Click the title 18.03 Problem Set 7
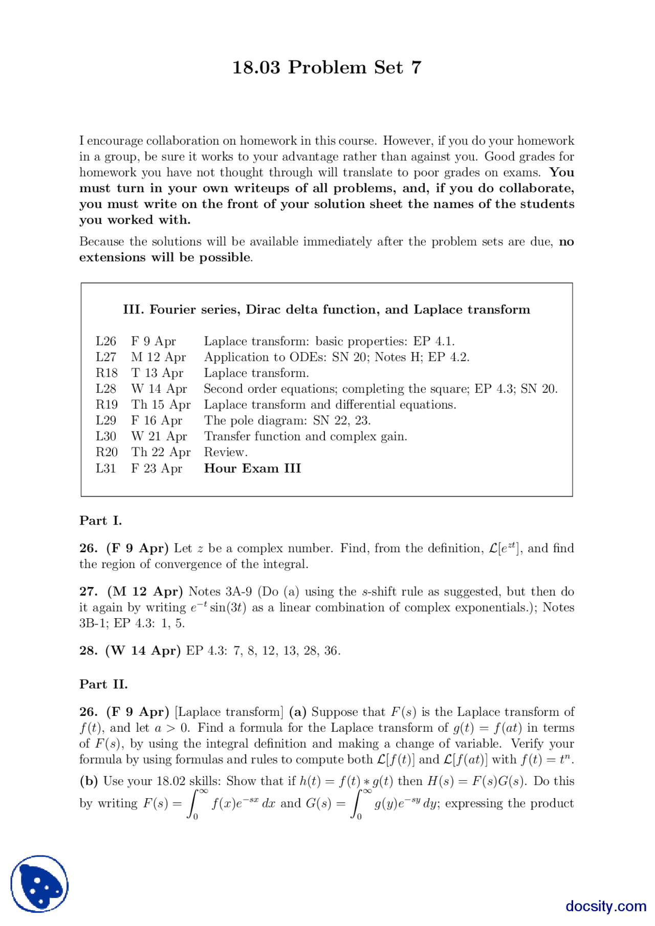(326, 67)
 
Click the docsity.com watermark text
(605, 906)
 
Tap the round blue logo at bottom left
(39, 884)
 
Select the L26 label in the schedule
(106, 341)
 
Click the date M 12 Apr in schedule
(158, 357)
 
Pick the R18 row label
(106, 373)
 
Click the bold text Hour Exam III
(252, 468)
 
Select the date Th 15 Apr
(161, 404)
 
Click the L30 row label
(106, 436)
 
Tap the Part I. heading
(100, 521)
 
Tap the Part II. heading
(103, 684)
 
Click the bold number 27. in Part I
(89, 592)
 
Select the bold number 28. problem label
(89, 650)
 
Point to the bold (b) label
(89, 781)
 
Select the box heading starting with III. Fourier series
(326, 309)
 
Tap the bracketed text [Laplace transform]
(229, 712)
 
